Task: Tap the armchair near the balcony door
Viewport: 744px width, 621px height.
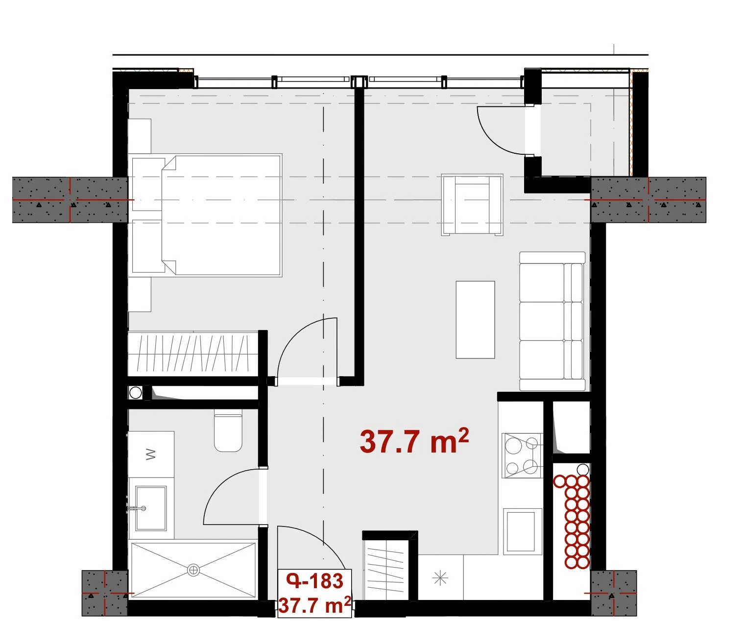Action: [x=472, y=205]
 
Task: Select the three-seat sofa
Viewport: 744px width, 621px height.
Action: [x=552, y=321]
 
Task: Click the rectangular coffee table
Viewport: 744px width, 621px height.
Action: [x=475, y=320]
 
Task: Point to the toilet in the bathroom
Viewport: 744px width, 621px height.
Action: [x=228, y=430]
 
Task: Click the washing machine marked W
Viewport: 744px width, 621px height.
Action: [x=151, y=454]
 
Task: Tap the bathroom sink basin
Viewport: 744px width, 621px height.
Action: [x=151, y=508]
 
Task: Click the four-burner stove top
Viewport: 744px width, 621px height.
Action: [x=522, y=455]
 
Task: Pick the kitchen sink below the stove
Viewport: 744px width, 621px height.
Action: [x=523, y=531]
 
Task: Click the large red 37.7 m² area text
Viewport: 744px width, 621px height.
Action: [x=414, y=441]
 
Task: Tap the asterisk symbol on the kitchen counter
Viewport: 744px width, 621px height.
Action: [x=440, y=578]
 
